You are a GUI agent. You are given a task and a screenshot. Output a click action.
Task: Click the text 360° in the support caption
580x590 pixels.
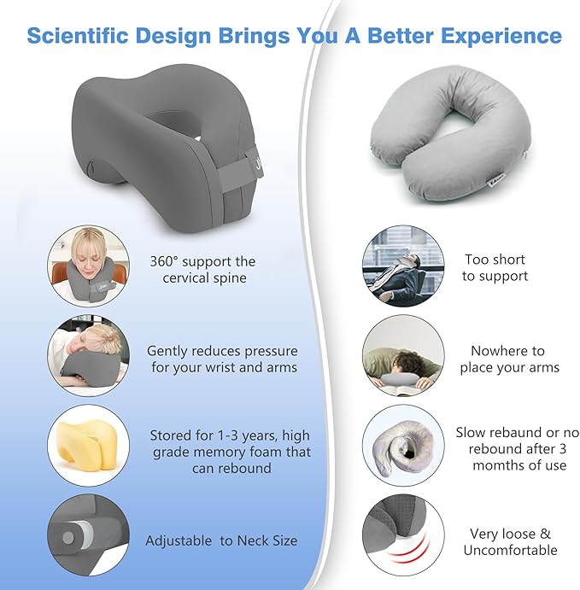pos(167,261)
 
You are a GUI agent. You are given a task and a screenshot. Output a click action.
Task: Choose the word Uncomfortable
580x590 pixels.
pos(510,551)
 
